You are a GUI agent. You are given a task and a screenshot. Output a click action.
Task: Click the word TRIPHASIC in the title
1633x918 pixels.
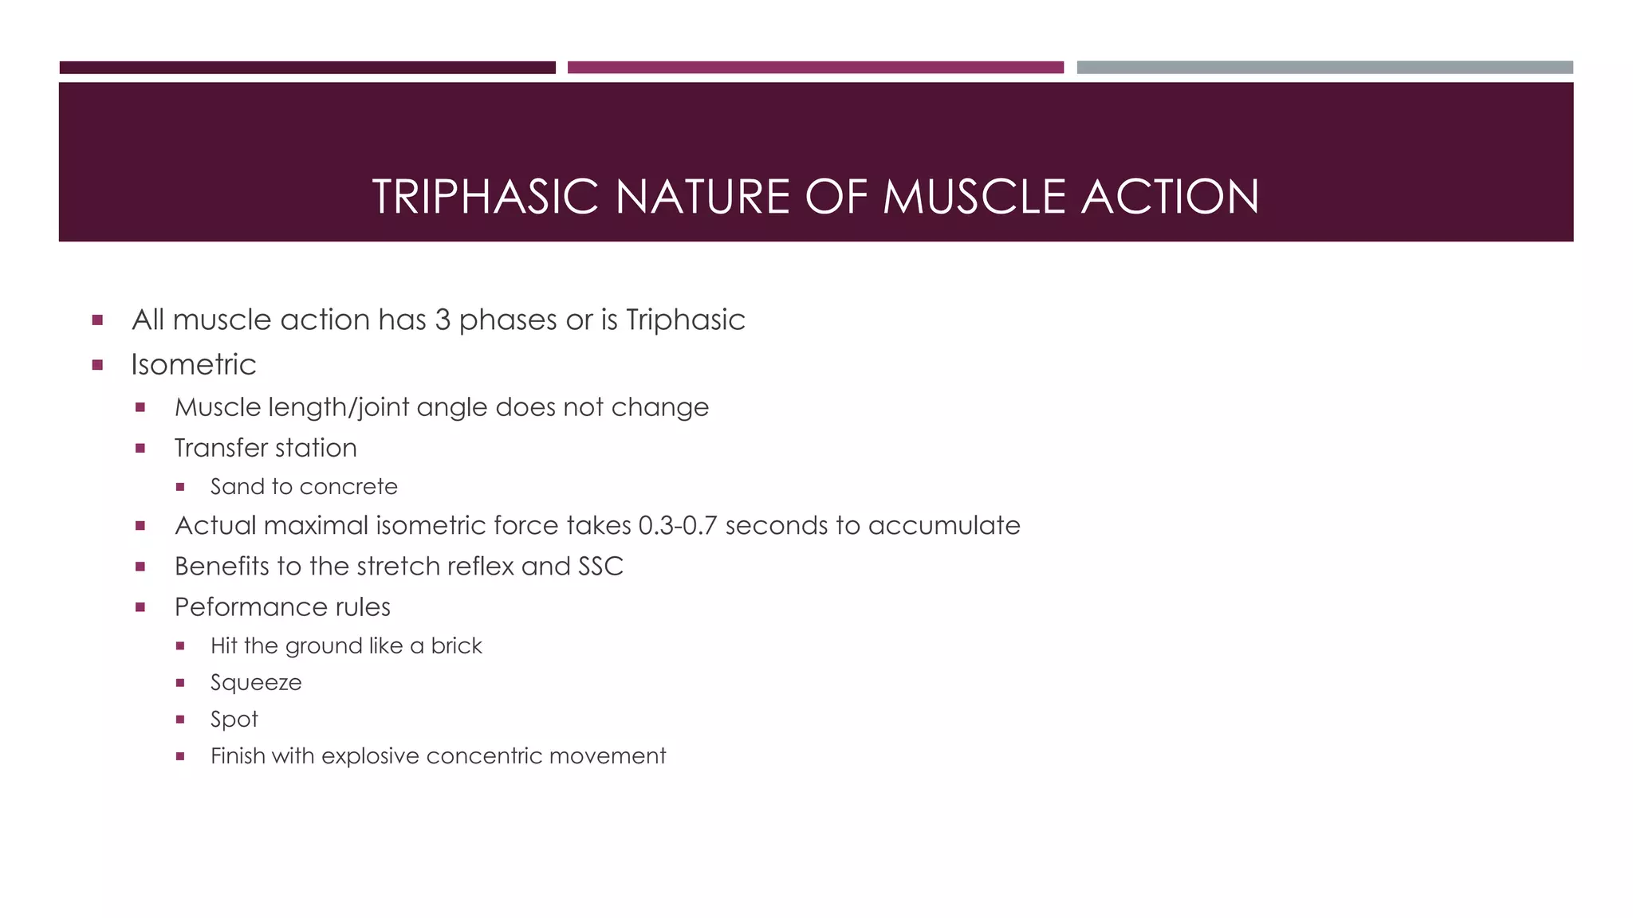tap(485, 197)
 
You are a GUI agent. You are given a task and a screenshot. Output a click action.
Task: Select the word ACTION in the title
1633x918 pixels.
tap(1170, 197)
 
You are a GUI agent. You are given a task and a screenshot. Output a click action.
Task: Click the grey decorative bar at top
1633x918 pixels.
tap(1324, 68)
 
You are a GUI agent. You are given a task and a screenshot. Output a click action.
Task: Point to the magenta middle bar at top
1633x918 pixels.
tap(815, 68)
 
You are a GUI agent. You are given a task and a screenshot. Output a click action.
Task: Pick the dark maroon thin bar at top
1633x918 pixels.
tap(307, 68)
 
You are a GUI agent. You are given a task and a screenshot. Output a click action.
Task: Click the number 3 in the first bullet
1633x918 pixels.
tap(443, 320)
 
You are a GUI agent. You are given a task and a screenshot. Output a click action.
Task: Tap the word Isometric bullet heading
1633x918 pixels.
tap(194, 365)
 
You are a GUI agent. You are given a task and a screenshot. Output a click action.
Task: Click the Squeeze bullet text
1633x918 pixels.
tap(256, 683)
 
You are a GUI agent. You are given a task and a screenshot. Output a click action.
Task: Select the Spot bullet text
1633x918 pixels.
tap(234, 720)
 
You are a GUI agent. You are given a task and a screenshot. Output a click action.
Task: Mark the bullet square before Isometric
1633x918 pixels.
tap(97, 365)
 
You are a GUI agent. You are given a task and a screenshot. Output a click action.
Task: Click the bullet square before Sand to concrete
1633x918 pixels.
tap(180, 487)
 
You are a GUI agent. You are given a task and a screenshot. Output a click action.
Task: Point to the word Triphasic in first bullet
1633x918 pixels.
tap(685, 320)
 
